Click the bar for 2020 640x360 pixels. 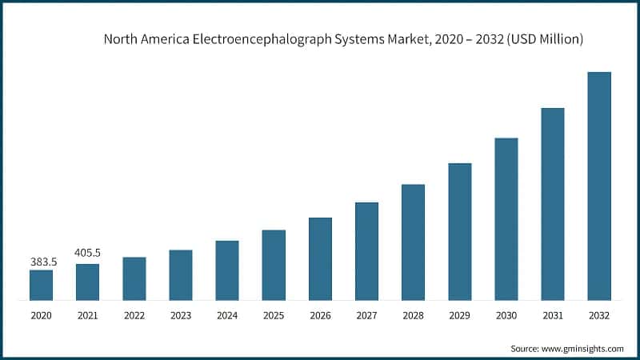tap(41, 285)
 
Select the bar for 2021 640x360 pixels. tap(87, 282)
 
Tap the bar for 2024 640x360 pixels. tap(227, 270)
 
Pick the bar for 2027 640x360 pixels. tap(366, 251)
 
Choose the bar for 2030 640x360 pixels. tap(506, 219)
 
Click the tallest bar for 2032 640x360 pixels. tap(599, 186)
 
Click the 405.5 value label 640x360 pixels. tap(87, 253)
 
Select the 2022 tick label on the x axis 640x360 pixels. tap(134, 316)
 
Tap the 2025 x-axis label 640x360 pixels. tap(274, 316)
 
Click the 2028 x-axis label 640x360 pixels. tap(413, 316)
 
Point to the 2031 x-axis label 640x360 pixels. tap(553, 316)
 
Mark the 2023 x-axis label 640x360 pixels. tap(181, 316)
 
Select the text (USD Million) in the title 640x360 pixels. tap(543, 38)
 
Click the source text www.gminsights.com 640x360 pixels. tap(583, 349)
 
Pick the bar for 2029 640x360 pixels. tap(459, 232)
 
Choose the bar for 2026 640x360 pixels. tap(320, 259)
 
